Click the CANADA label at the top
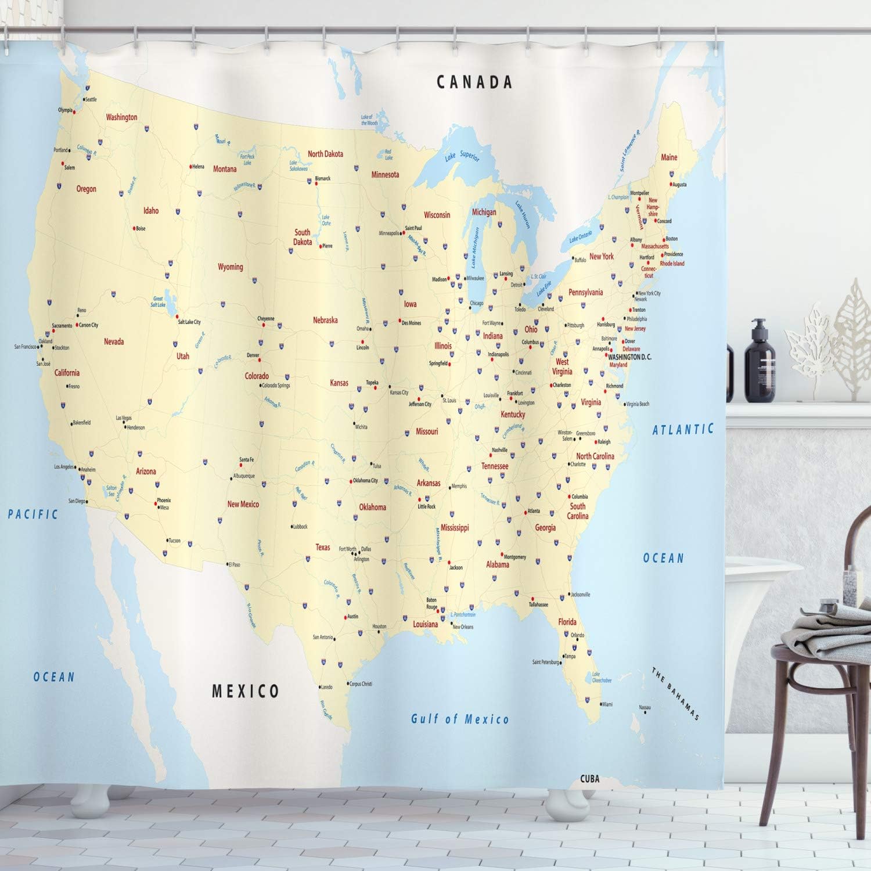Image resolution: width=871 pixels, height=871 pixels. click(x=474, y=82)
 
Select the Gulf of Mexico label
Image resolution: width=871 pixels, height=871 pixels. click(x=460, y=719)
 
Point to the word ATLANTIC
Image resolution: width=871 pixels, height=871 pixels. click(x=683, y=430)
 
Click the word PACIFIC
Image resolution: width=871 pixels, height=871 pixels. click(x=33, y=514)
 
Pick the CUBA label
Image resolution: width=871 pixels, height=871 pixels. click(x=589, y=779)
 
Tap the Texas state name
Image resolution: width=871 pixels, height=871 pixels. click(x=322, y=547)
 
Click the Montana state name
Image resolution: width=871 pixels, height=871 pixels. click(x=225, y=169)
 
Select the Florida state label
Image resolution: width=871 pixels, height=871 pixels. click(x=567, y=621)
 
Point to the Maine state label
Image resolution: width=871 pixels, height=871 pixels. click(x=669, y=157)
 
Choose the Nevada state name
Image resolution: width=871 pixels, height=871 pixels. click(x=114, y=341)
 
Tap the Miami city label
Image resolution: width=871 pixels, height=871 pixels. click(x=607, y=704)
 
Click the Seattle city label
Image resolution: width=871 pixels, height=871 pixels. click(x=91, y=99)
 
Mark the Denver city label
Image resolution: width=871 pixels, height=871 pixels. click(x=253, y=355)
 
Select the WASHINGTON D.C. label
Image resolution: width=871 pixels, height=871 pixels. click(x=629, y=357)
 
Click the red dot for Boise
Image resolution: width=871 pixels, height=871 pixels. click(x=134, y=228)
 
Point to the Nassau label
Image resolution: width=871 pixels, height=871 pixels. click(x=645, y=707)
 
